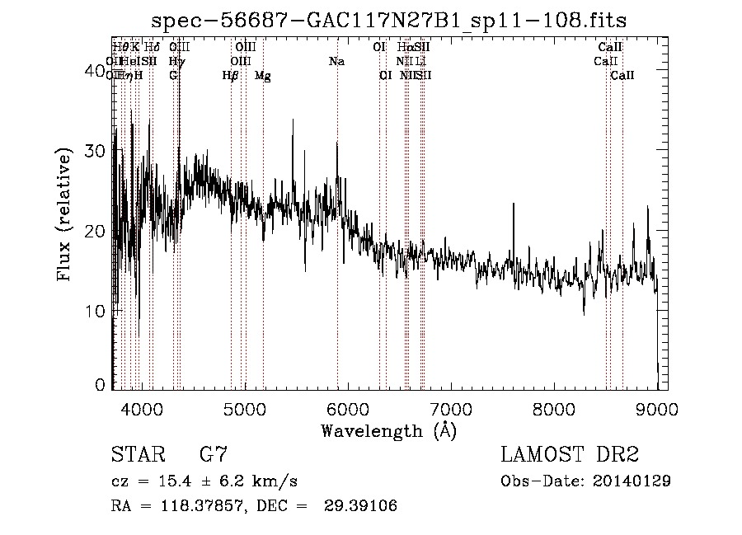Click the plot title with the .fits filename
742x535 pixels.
[x=395, y=21]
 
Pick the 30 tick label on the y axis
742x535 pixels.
[x=96, y=151]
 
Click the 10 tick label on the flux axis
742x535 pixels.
[x=96, y=311]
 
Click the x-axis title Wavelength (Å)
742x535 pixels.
[x=388, y=430]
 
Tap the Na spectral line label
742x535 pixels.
[x=336, y=62]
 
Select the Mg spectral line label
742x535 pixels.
[x=262, y=76]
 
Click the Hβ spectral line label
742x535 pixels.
[x=230, y=76]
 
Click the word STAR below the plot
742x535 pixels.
[x=137, y=454]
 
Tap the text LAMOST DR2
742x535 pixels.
[x=570, y=454]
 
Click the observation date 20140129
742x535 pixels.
[x=632, y=481]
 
